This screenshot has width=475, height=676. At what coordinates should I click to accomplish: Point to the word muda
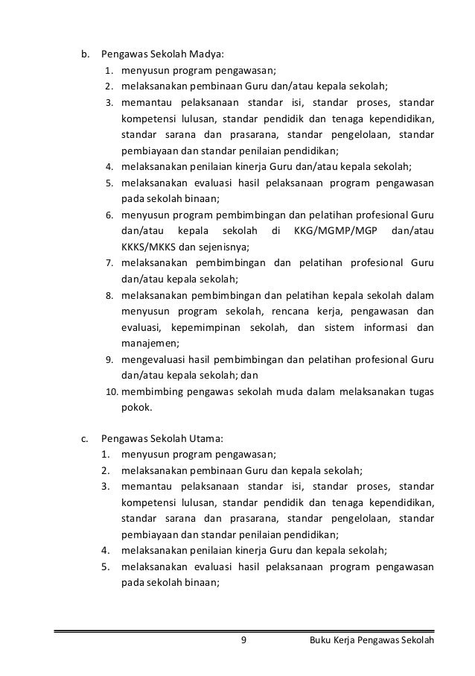(285, 392)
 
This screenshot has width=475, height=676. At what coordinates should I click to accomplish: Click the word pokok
(136, 408)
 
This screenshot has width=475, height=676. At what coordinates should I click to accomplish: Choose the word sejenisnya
(224, 247)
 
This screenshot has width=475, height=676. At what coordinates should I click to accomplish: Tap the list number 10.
(110, 392)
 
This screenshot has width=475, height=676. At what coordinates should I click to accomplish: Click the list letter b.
(84, 54)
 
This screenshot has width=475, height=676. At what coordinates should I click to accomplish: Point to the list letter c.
(84, 439)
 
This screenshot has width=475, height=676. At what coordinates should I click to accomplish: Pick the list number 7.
(108, 263)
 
